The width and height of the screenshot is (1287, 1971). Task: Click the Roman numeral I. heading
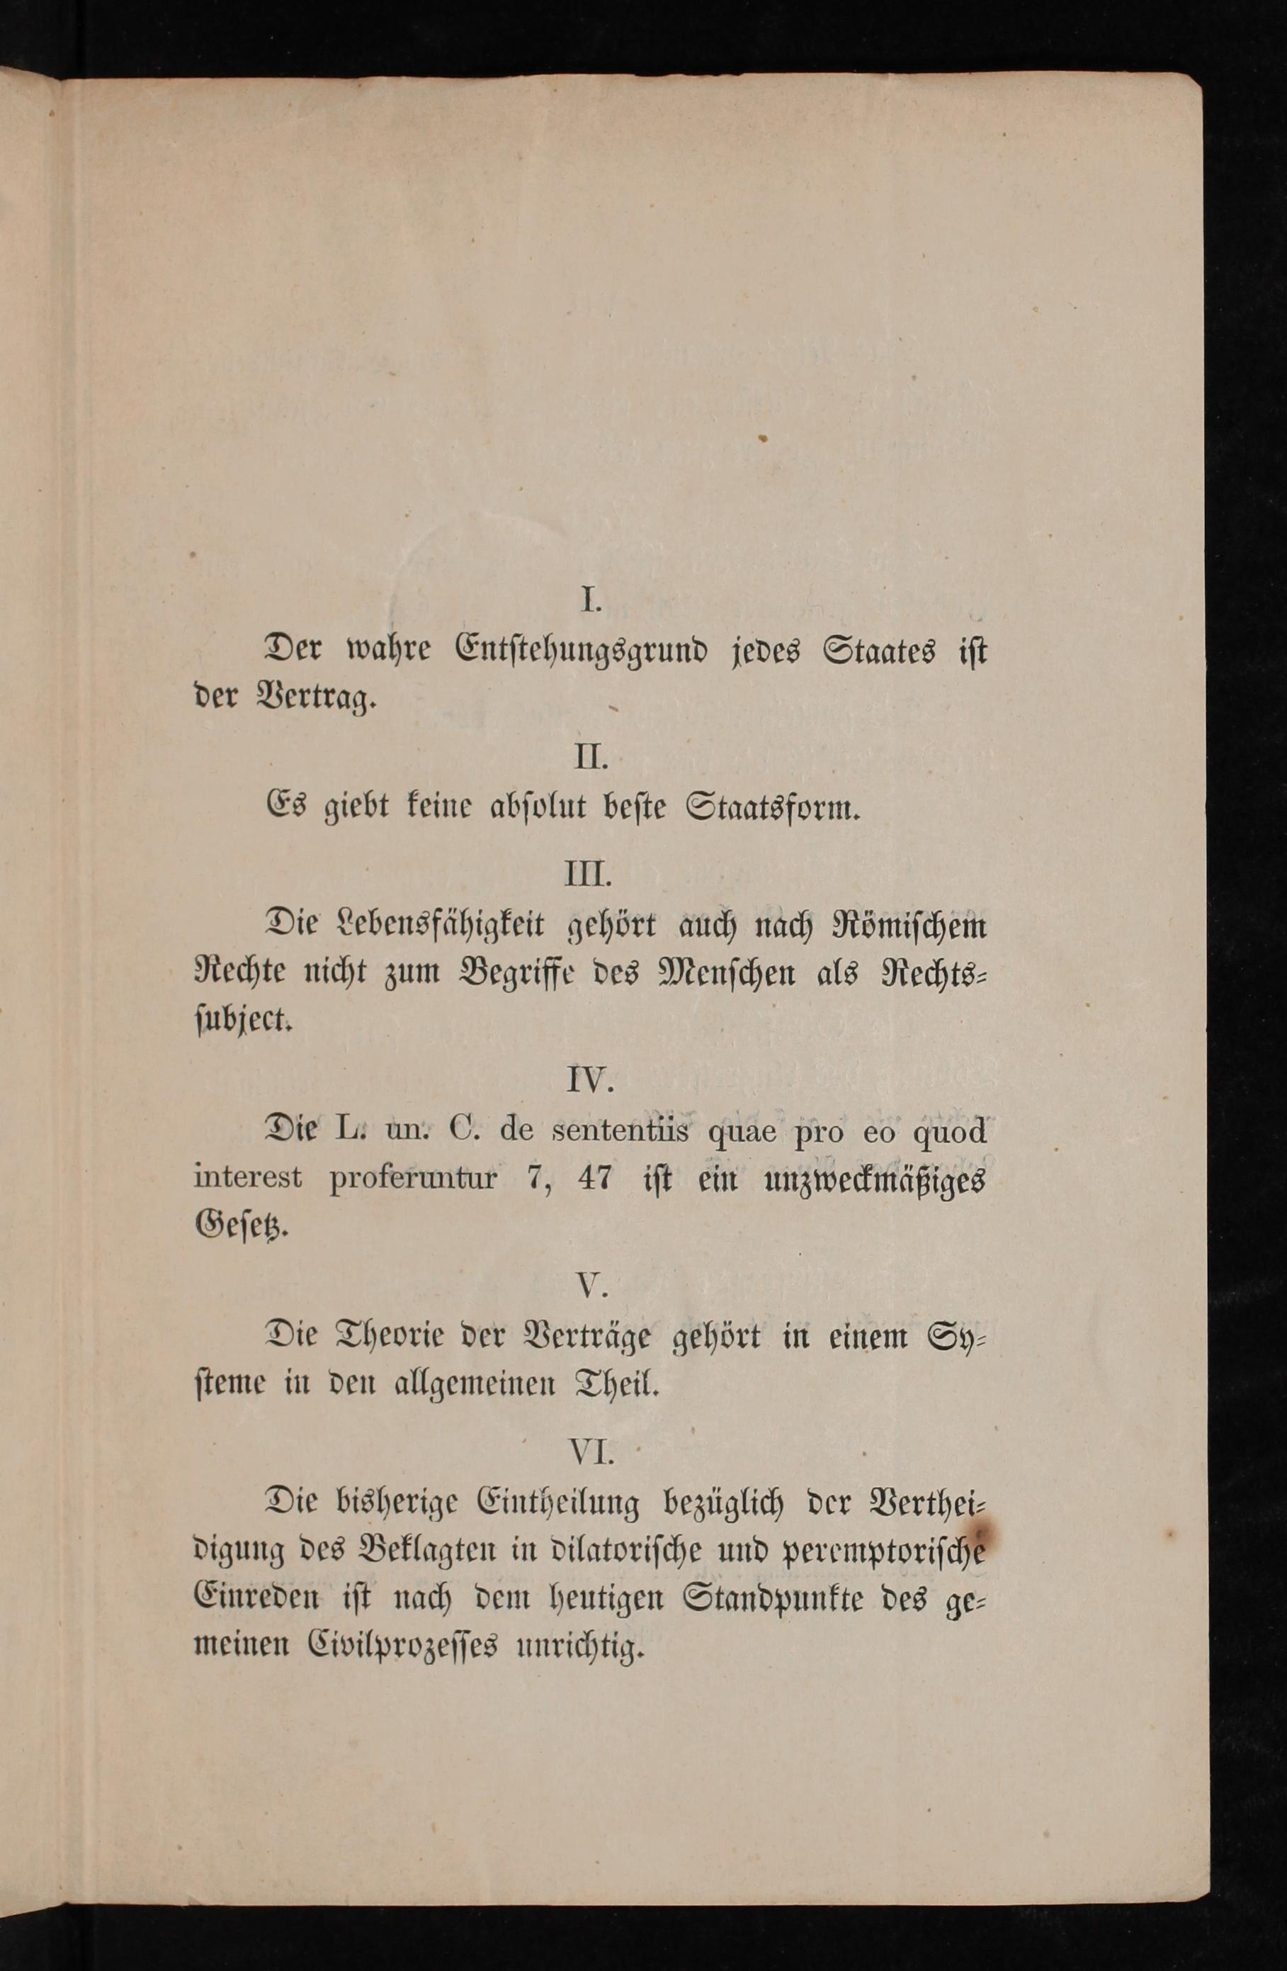(x=589, y=600)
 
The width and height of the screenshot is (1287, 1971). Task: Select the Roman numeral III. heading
(x=589, y=875)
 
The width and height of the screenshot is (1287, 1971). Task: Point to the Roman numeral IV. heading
(x=589, y=1079)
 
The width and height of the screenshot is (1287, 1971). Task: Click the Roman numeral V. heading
(x=591, y=1284)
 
